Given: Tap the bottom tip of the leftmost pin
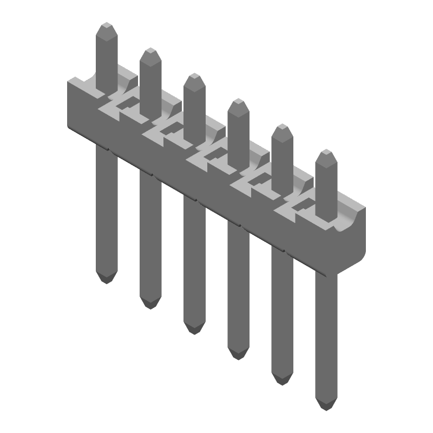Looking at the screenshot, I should click(x=107, y=280).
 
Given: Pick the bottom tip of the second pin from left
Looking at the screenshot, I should click(x=150, y=306).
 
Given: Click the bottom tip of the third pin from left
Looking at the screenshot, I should click(x=194, y=331).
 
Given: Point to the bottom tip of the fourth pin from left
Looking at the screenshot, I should click(x=238, y=356).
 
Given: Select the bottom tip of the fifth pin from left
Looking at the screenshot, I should click(x=281, y=382).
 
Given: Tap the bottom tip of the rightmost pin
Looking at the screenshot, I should click(x=325, y=407).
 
